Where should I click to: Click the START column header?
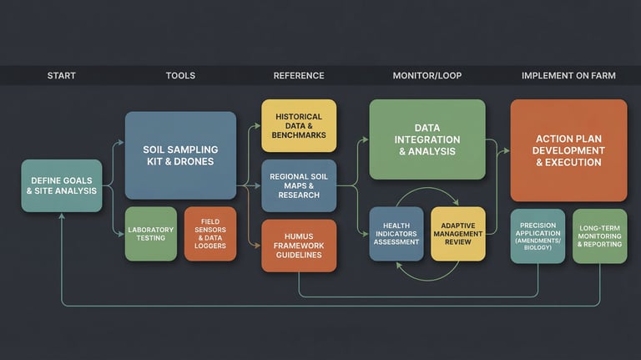(x=61, y=75)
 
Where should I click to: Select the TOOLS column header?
(x=180, y=75)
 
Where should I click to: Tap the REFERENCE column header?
(x=299, y=75)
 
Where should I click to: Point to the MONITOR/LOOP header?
(x=426, y=75)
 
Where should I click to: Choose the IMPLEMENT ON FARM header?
(x=568, y=75)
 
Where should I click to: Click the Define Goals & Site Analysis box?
(x=62, y=185)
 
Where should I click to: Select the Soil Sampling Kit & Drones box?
(x=180, y=155)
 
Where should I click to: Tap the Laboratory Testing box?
(x=151, y=234)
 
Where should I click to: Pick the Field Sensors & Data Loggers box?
(x=210, y=234)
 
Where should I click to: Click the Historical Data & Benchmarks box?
(x=299, y=125)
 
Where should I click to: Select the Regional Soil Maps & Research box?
(x=299, y=185)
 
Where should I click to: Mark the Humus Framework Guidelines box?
(x=299, y=245)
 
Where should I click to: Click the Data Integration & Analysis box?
(x=426, y=139)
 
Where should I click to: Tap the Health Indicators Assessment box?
(x=396, y=235)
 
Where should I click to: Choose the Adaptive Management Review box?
(x=457, y=235)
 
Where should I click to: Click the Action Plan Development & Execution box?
(x=568, y=150)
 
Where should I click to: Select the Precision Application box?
(x=538, y=236)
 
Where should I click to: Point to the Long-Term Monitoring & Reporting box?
(x=599, y=236)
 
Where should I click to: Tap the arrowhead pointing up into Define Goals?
(x=62, y=216)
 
